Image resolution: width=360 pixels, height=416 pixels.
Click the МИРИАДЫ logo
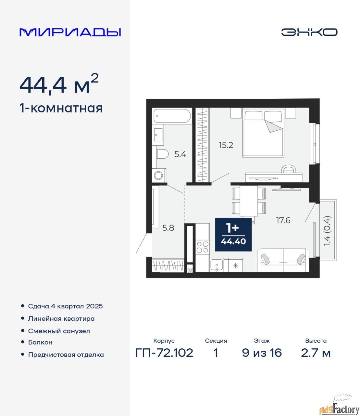click(70, 32)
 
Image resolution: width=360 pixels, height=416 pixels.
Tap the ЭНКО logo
click(309, 32)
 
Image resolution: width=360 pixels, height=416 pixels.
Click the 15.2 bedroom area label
click(226, 145)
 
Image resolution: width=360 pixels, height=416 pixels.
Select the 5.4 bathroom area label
click(180, 154)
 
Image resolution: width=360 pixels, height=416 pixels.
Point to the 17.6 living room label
click(283, 220)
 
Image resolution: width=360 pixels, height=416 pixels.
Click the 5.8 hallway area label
click(168, 228)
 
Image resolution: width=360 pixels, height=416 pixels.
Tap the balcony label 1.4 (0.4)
click(327, 231)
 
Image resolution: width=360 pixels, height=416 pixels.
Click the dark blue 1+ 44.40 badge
click(233, 234)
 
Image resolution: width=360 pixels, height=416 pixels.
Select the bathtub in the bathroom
click(172, 116)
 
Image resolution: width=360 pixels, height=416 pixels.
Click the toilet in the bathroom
click(162, 154)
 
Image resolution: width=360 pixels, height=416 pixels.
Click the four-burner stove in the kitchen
click(203, 247)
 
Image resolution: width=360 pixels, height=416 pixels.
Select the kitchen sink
click(217, 265)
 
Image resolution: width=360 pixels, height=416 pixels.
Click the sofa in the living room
click(283, 260)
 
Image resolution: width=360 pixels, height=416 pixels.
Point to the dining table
click(249, 201)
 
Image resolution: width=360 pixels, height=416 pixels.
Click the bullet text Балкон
click(40, 342)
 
